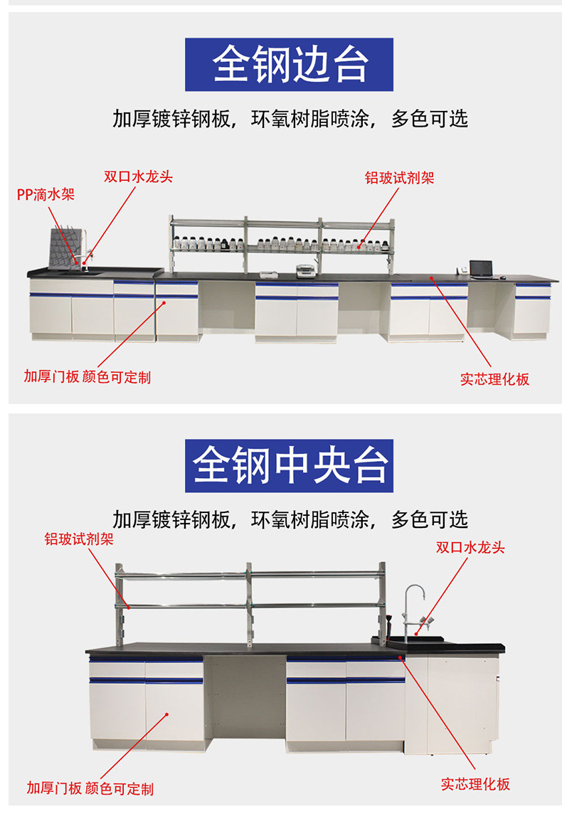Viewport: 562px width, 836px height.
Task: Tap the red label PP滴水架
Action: (x=46, y=194)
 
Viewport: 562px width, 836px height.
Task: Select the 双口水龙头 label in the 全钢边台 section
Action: (x=138, y=176)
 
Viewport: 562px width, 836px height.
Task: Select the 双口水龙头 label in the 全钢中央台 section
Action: (x=470, y=547)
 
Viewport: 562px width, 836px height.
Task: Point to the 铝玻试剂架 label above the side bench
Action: (x=399, y=178)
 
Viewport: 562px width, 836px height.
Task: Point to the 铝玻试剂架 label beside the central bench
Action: (x=78, y=539)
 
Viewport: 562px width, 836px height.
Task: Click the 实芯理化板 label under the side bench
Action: (x=494, y=379)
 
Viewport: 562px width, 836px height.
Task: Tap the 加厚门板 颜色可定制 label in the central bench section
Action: (x=90, y=788)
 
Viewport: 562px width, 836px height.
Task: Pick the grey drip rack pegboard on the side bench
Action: (x=64, y=246)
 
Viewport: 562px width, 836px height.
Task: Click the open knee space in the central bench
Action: (x=244, y=701)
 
